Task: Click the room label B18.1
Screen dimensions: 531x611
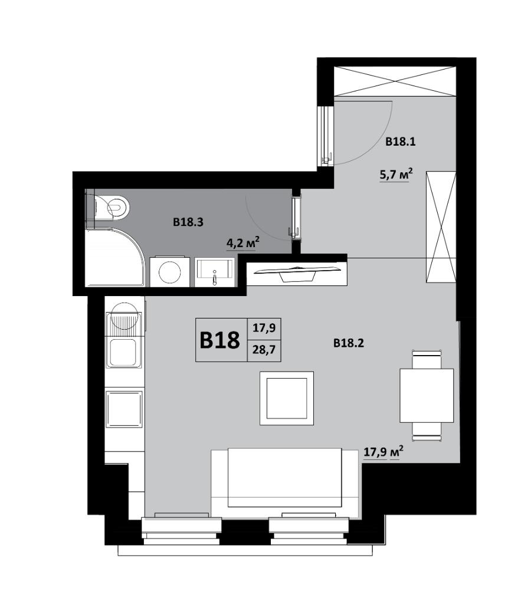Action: tap(401, 142)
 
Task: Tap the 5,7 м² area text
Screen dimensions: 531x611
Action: tap(396, 174)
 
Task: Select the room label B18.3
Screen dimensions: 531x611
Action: tap(188, 222)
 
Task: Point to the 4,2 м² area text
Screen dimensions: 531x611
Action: tap(243, 243)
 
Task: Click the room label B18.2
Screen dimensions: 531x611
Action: tap(349, 343)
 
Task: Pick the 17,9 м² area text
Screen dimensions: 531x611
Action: tap(383, 452)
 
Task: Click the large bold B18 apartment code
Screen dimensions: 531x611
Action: tap(220, 340)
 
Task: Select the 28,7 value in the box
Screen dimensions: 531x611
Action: tap(264, 350)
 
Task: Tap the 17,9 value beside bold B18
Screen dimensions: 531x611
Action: tap(264, 328)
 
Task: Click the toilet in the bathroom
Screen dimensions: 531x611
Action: tap(112, 206)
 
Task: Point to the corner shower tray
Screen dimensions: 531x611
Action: tap(114, 258)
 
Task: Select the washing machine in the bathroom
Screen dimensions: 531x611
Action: tap(169, 271)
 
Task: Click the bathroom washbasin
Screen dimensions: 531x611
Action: tap(215, 272)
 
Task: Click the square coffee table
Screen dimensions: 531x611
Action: tap(287, 398)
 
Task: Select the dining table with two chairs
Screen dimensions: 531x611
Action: tap(427, 395)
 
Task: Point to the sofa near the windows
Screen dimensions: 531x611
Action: tap(284, 484)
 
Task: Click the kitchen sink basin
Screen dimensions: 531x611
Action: tap(122, 353)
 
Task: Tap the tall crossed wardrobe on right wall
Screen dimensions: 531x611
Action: tap(441, 227)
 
